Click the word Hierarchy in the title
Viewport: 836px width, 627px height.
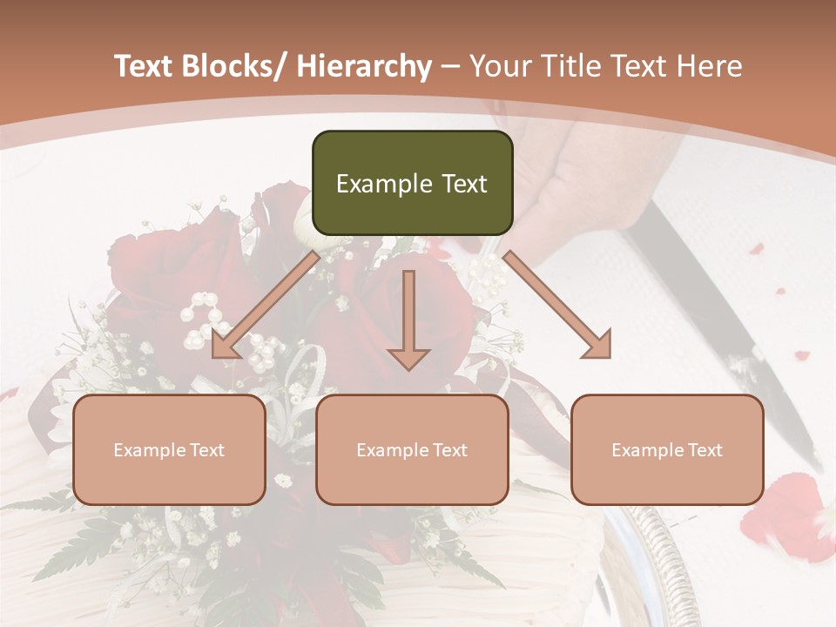(x=363, y=66)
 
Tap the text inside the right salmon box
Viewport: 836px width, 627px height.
(x=667, y=450)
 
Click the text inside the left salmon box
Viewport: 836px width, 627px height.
(x=169, y=450)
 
